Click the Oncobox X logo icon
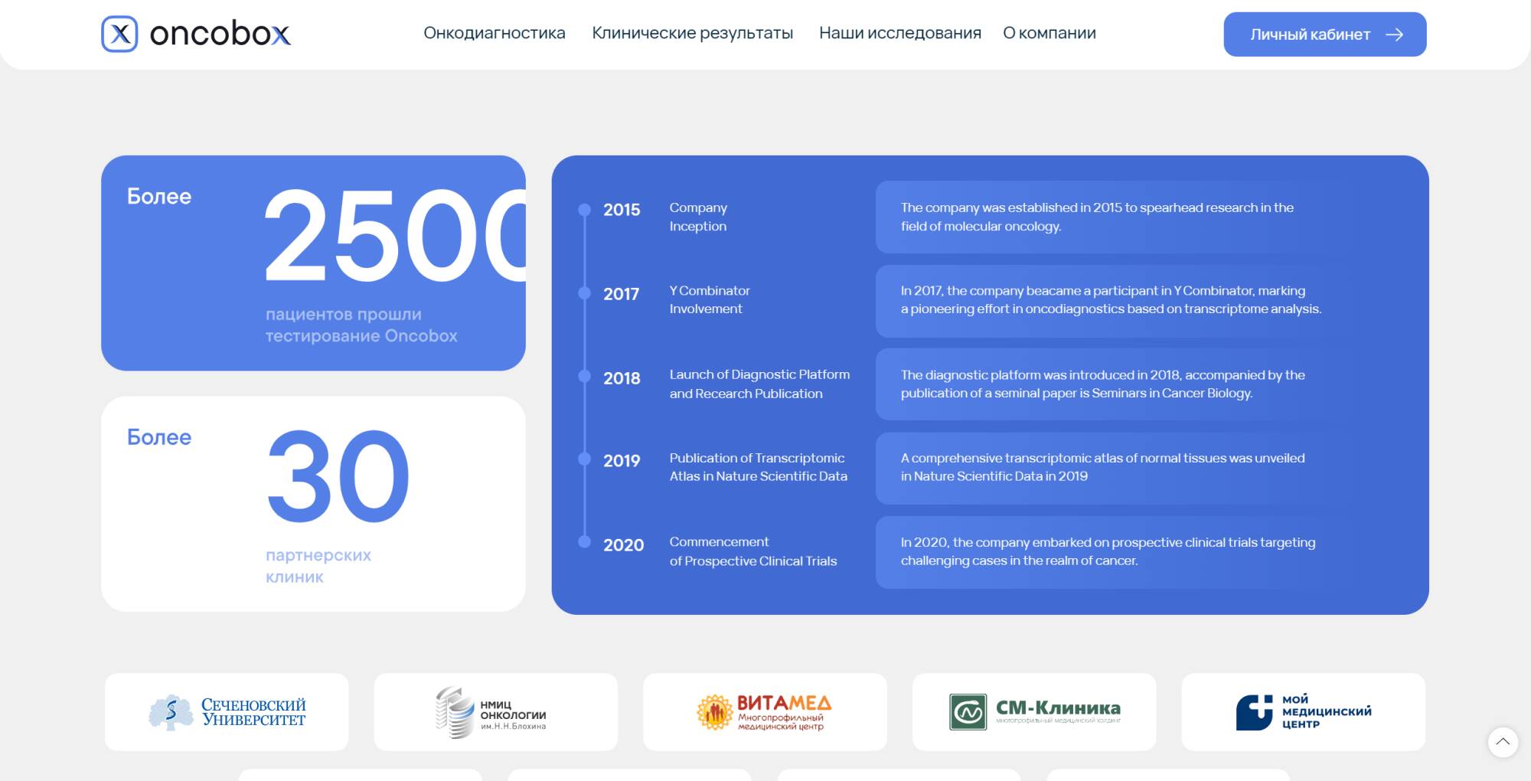tap(119, 34)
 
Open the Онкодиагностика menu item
tap(495, 33)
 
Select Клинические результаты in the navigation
tap(692, 33)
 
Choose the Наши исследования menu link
tap(900, 33)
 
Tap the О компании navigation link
tap(1050, 33)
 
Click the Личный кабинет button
tap(1325, 34)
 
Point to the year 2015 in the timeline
tap(622, 210)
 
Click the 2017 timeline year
tap(621, 294)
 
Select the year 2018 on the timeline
tap(622, 378)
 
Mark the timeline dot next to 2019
tap(585, 459)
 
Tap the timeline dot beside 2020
tap(585, 542)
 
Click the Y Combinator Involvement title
tap(710, 299)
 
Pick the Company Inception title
tap(698, 217)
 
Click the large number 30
tap(338, 475)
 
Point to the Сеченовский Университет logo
tap(227, 712)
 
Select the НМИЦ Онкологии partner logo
tap(491, 713)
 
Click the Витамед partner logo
tap(764, 712)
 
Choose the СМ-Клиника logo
tap(1035, 711)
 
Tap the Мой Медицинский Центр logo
tap(1304, 711)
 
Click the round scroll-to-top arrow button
tap(1503, 742)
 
